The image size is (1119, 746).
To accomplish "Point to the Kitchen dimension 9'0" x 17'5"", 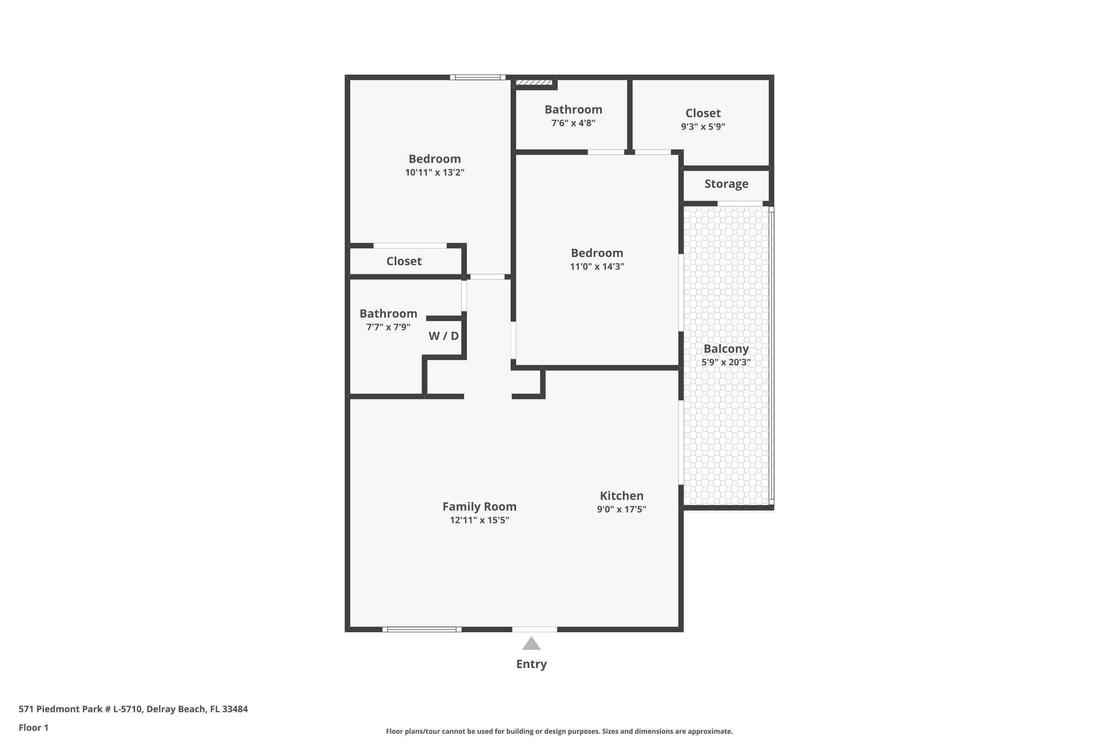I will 621,509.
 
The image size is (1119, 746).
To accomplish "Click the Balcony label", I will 725,349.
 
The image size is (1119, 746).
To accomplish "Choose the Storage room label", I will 726,184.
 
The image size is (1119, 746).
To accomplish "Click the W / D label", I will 443,336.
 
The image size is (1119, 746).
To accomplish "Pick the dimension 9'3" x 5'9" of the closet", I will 703,126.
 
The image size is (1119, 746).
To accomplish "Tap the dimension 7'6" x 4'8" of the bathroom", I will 573,123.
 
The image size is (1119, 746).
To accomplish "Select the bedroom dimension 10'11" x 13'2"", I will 435,172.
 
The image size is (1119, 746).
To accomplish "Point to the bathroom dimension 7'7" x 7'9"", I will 388,327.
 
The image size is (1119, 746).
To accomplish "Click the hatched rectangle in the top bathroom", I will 534,83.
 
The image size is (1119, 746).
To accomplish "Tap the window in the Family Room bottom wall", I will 421,630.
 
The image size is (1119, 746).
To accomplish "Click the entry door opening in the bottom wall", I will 534,630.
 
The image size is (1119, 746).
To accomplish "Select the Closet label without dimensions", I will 404,261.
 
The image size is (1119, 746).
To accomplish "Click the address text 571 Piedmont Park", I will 133,709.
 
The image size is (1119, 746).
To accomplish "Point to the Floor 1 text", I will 33,727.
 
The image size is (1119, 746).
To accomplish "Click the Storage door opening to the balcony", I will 739,204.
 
